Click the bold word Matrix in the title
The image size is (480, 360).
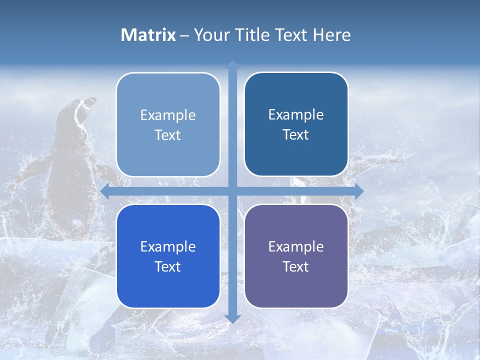[148, 35]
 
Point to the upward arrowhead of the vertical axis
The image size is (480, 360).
[232, 64]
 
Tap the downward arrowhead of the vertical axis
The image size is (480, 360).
[232, 318]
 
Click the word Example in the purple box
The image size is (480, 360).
[296, 246]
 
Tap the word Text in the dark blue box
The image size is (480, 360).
[296, 135]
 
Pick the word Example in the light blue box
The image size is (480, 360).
[168, 115]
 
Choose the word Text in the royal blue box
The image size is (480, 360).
[168, 266]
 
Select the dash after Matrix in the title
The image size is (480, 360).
[184, 35]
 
